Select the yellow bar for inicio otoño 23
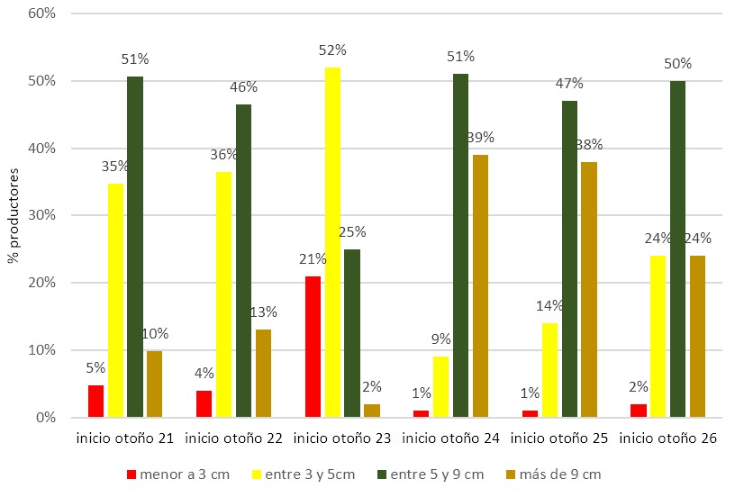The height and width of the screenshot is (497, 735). point(332,242)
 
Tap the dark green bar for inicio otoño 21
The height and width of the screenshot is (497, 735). point(135,247)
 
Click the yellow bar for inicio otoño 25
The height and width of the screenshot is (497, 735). point(549,370)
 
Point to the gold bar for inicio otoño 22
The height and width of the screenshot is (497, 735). point(263,374)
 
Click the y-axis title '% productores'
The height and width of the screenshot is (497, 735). point(13,214)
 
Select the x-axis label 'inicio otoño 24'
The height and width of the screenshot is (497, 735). point(450,438)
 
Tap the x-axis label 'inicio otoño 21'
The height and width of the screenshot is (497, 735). point(124,438)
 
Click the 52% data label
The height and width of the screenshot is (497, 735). point(332,50)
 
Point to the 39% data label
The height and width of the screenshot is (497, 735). point(480,138)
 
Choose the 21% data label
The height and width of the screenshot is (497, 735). point(313,259)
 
